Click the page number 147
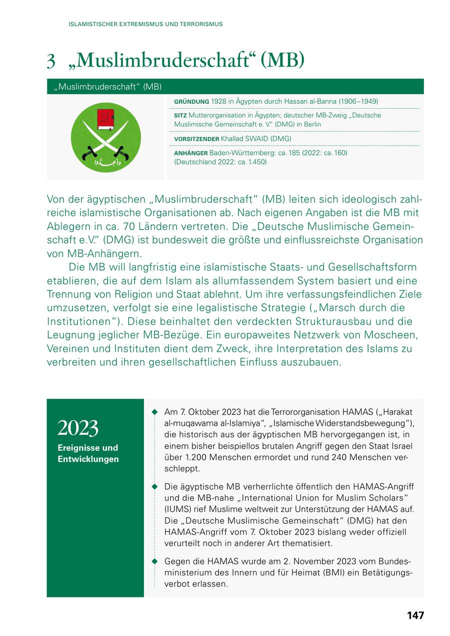415,615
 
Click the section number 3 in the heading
50,61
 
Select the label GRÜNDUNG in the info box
191,101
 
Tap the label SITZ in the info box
179,115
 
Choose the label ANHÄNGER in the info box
190,152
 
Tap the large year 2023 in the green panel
78,428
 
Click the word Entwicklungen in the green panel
88,459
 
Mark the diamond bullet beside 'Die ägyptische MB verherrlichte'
154,486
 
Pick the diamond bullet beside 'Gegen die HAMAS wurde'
154,561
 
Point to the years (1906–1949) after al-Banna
358,101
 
